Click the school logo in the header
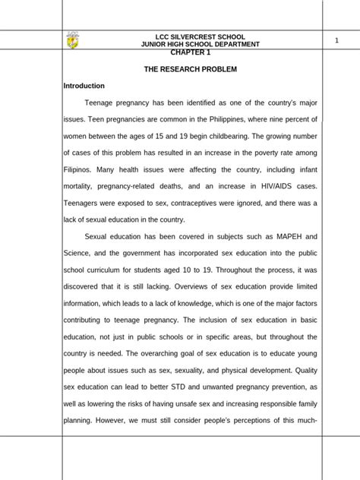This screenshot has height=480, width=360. point(73,39)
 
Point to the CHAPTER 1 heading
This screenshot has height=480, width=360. point(191,52)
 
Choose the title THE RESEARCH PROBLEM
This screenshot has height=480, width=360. point(191,69)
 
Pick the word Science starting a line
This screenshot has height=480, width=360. point(77,253)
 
